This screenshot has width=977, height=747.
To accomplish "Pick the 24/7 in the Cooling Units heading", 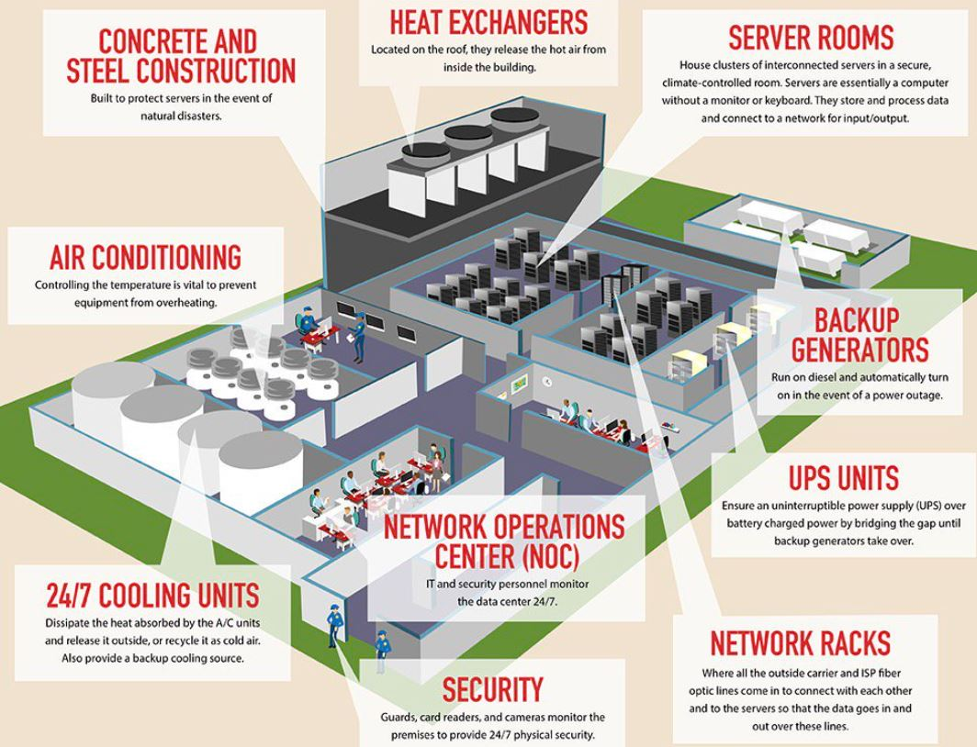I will pos(78,596).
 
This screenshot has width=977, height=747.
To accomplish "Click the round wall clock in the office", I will pos(547,381).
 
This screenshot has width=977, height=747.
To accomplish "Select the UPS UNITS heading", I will pos(843,478).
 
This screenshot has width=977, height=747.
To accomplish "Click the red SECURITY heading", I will pos(492,689).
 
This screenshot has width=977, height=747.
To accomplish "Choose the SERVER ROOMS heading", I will pos(810,38).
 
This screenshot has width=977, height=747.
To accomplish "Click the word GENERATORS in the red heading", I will pos(859,350).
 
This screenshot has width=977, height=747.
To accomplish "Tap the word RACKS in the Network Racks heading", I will pos(847,643).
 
